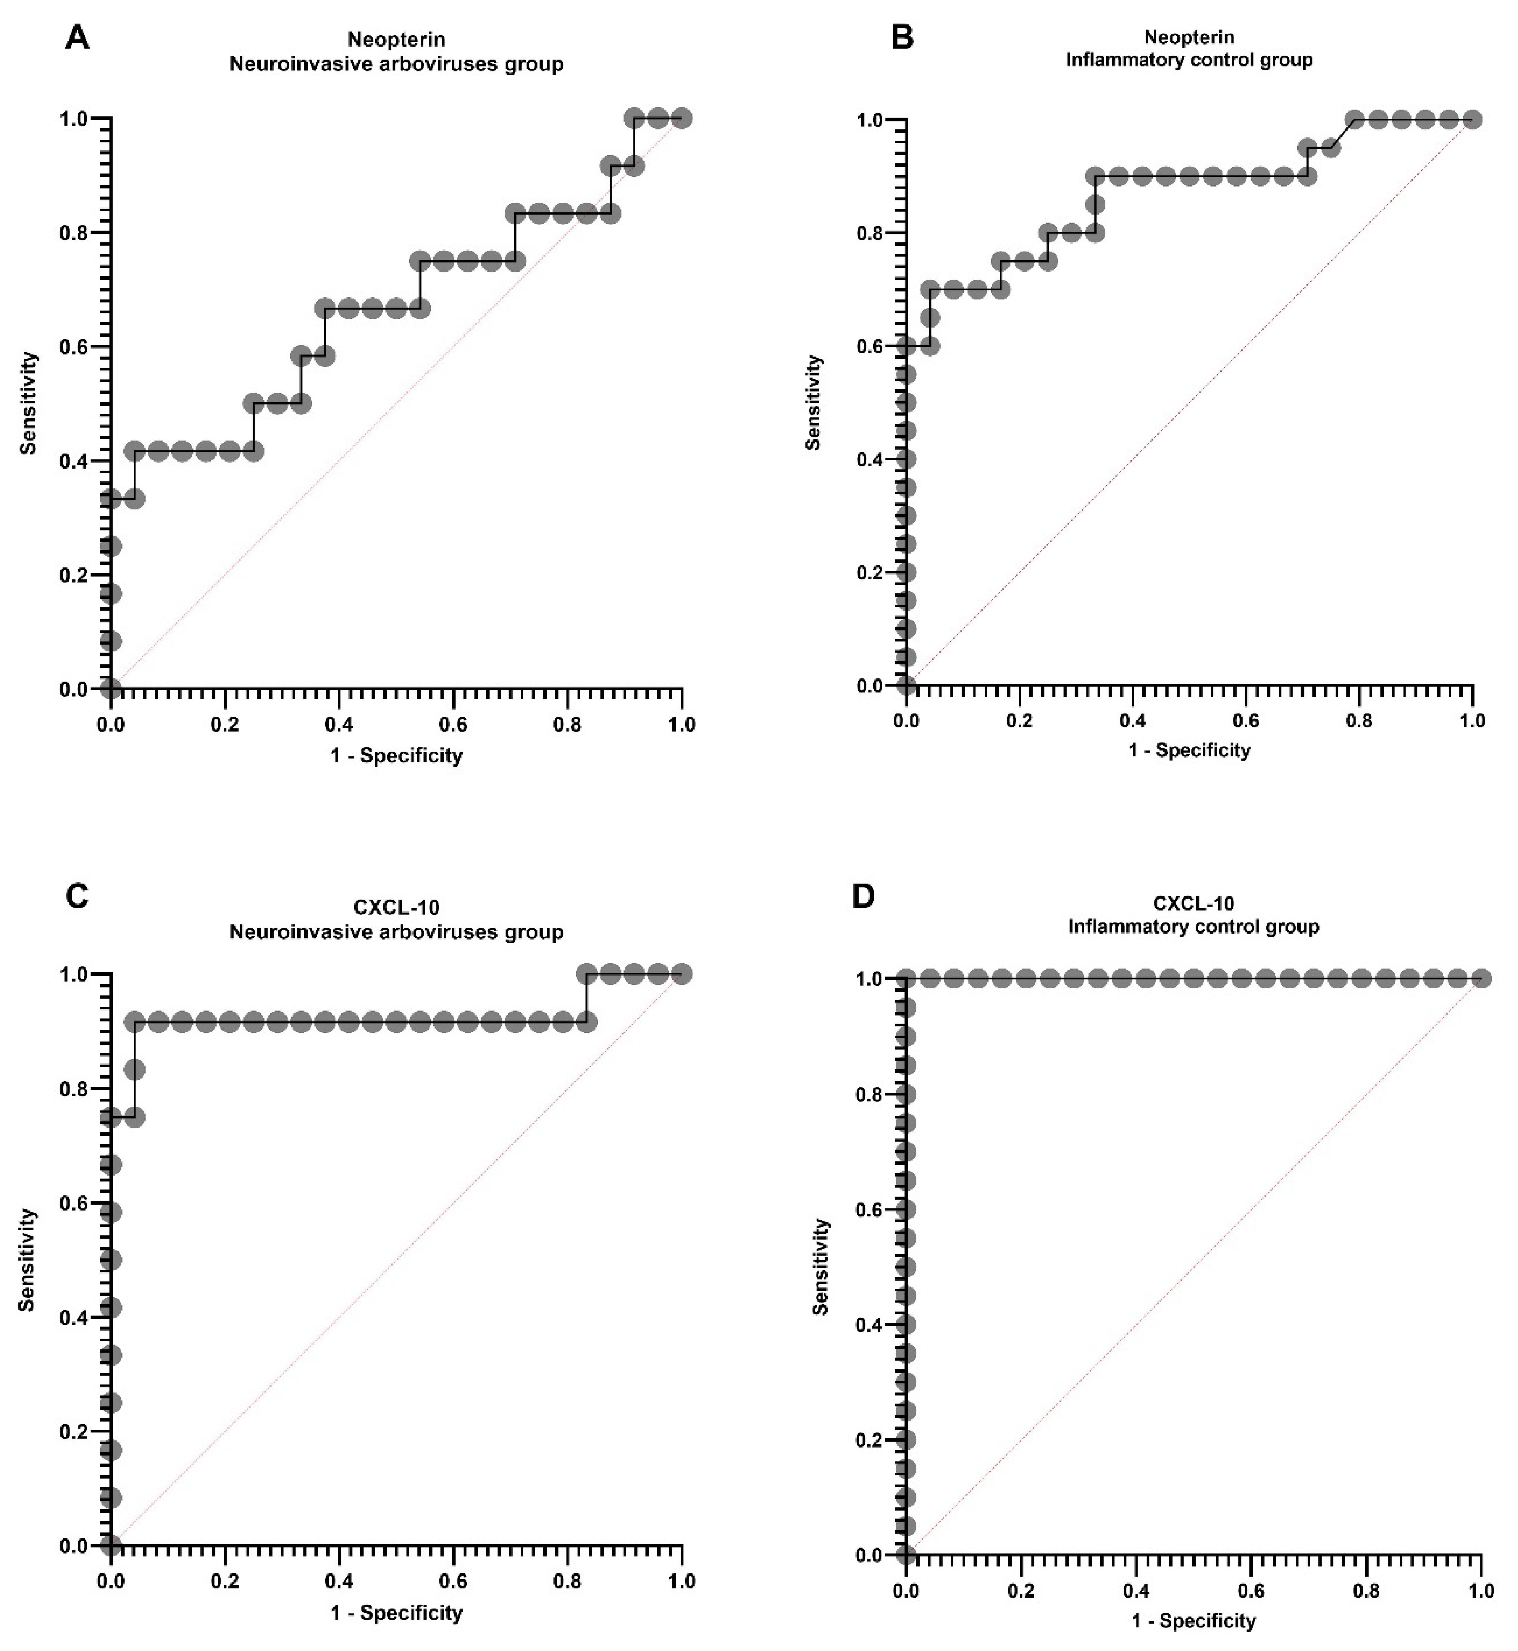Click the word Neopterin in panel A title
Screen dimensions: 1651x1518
click(396, 39)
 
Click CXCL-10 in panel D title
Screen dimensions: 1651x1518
click(1193, 904)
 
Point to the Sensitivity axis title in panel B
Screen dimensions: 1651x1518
click(813, 403)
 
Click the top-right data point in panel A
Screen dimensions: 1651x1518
click(681, 118)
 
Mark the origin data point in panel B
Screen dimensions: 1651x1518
click(906, 685)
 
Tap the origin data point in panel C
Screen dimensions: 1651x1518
click(111, 1546)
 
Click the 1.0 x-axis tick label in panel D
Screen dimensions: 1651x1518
click(1481, 1592)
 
